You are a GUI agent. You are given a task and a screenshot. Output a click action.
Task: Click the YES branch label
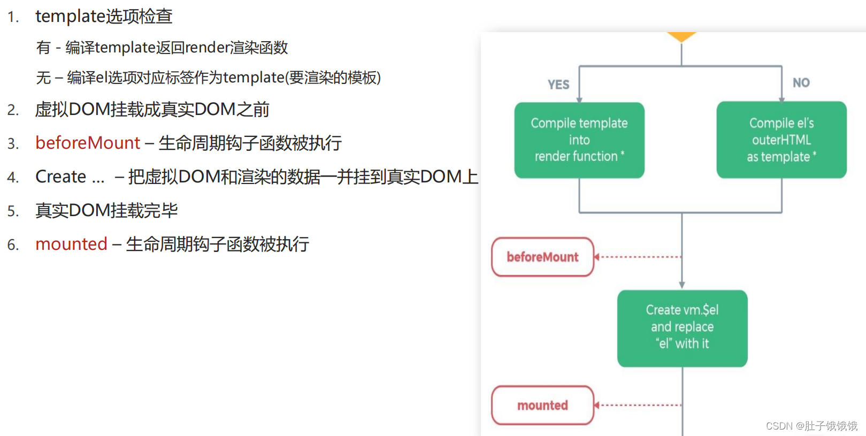(558, 85)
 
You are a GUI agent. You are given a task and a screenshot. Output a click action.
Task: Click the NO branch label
(801, 83)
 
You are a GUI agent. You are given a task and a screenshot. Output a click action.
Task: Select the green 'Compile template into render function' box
(579, 140)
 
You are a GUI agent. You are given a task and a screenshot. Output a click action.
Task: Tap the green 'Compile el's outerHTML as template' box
(781, 140)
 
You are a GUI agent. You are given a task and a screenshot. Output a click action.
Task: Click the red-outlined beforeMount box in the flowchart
(542, 257)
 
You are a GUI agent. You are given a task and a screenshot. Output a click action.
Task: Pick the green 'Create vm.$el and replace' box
(682, 328)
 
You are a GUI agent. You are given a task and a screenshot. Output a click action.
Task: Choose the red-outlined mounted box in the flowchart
(542, 406)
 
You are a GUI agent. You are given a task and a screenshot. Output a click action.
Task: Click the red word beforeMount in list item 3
(88, 143)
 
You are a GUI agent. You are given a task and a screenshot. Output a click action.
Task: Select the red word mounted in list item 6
(72, 244)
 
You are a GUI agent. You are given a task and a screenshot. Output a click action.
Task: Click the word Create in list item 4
(60, 177)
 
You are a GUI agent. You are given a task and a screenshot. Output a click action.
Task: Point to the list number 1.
(13, 18)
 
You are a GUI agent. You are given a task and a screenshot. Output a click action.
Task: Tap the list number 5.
(13, 211)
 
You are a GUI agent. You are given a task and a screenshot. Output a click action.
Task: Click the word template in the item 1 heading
(70, 17)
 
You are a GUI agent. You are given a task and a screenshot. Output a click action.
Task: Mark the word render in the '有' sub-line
(207, 48)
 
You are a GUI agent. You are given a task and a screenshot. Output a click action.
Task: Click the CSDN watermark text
(811, 426)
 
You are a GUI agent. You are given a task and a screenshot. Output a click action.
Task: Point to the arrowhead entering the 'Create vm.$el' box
(682, 286)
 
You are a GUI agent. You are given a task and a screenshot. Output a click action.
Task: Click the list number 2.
(13, 110)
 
